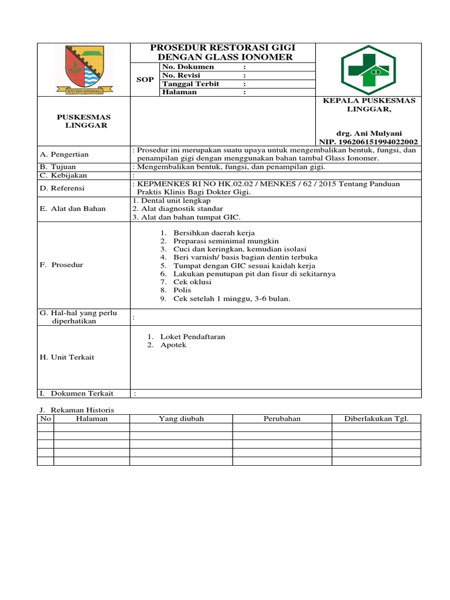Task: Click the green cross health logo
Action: tap(369, 70)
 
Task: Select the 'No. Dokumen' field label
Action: tap(181, 67)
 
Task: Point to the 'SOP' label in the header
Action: tap(145, 80)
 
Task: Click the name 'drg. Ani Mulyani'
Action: tap(369, 133)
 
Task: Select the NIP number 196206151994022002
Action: tap(369, 142)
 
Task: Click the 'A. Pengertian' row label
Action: tap(64, 155)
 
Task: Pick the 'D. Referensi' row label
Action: tap(62, 188)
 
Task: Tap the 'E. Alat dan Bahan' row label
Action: tap(73, 209)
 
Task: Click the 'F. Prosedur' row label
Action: tap(62, 265)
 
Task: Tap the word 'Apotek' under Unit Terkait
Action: tap(173, 345)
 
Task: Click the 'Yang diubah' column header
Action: tap(181, 419)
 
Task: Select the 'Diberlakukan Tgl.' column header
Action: tap(376, 419)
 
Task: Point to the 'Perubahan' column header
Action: tap(282, 419)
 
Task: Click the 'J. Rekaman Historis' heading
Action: tap(77, 410)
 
